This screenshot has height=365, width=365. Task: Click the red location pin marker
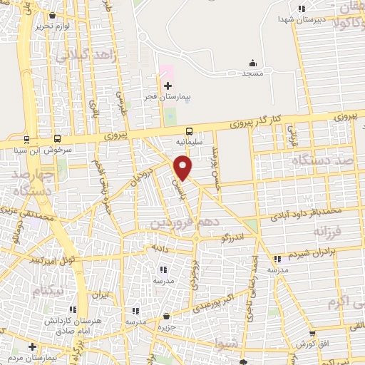coord(184,168)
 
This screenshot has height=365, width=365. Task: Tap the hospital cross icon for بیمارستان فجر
coord(168,86)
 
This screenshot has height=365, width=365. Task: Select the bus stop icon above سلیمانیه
coord(189,132)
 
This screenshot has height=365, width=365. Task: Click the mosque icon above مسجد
coord(252,63)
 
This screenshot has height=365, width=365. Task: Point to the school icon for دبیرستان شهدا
coord(302,9)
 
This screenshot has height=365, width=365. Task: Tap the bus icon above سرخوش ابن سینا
coord(57,139)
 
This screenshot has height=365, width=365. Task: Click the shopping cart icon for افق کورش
coord(312,333)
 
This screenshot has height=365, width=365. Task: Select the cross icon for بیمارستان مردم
coord(31,346)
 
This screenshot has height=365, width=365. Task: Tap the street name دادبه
coord(158,247)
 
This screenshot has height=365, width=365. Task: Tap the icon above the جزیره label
coord(166,316)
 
